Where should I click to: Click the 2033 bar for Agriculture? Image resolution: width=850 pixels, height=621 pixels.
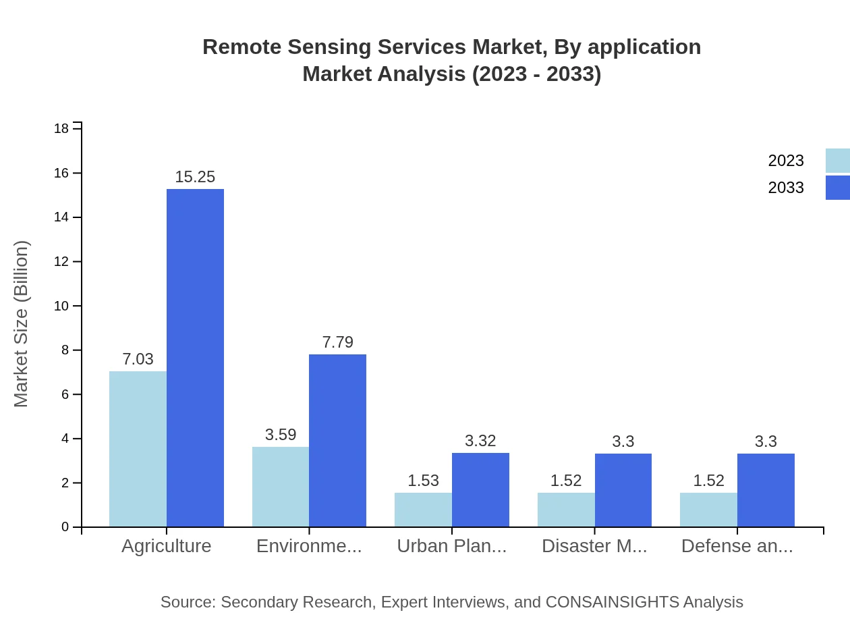(195, 358)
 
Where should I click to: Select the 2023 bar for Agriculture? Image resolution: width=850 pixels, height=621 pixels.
(138, 449)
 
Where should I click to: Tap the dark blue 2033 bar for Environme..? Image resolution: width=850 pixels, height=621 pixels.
(337, 440)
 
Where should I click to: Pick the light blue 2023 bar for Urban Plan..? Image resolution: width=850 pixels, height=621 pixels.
(423, 510)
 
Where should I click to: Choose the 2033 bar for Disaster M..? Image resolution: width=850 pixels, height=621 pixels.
(623, 490)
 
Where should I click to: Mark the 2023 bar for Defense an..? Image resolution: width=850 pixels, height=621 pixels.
(708, 510)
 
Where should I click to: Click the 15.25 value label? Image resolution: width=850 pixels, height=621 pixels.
(195, 177)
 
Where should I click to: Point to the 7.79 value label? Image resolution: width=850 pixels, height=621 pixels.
(337, 342)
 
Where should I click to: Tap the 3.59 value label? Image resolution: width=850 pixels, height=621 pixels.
(281, 435)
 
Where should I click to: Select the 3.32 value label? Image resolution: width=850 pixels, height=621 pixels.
(480, 441)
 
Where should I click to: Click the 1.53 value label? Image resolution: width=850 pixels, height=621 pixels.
(423, 481)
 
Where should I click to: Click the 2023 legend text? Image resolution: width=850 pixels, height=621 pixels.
(786, 161)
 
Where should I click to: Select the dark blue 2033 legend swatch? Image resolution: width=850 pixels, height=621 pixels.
(837, 188)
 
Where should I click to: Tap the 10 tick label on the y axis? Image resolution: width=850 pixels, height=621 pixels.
(61, 306)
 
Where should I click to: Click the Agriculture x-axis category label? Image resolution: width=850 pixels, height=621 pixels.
(166, 546)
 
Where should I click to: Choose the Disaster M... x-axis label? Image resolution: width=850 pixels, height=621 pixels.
(594, 546)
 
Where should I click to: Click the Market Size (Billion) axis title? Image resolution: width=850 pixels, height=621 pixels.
(22, 324)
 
